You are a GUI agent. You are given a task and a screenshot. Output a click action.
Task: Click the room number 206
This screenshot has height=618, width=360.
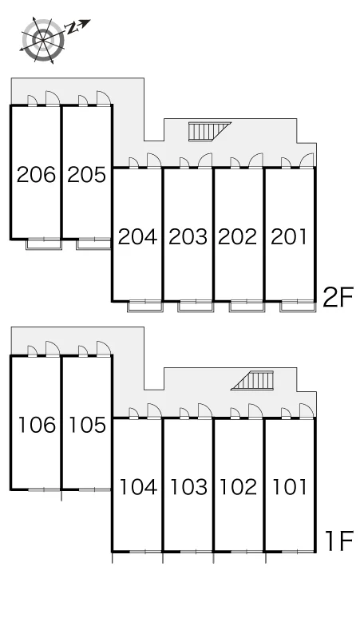36,175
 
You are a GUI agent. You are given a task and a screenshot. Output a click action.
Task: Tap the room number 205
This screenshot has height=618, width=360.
87,175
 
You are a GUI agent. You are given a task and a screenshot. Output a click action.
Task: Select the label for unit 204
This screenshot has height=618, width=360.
138,237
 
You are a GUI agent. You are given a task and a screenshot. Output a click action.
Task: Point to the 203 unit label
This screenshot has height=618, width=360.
188,237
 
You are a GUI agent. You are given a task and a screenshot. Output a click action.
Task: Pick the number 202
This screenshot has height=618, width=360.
238,237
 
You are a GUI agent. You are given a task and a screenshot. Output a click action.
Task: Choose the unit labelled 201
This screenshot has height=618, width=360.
289,237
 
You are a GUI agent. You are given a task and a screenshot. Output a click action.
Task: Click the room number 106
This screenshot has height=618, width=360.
37,425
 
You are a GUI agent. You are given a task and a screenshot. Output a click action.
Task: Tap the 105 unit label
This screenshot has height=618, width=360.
88,425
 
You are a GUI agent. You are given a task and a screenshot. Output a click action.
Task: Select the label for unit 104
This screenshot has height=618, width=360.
138,487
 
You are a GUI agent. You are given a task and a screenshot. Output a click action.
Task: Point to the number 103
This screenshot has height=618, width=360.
188,487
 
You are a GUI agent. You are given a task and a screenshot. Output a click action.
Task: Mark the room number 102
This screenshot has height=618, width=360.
239,487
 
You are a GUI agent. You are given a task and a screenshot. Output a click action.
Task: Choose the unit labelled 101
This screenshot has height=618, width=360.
290,487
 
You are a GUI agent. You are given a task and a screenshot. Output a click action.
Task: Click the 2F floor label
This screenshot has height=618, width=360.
338,297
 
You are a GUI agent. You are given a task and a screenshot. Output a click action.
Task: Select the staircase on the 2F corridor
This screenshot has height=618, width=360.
210,131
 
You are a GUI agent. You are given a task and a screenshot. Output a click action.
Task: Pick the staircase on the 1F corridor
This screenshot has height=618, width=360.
252,380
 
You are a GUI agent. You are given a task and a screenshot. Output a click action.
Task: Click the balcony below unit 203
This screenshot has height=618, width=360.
195,307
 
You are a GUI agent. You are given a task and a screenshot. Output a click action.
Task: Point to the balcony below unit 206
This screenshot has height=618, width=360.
44,244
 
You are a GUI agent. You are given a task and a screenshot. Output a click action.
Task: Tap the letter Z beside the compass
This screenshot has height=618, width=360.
72,28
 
